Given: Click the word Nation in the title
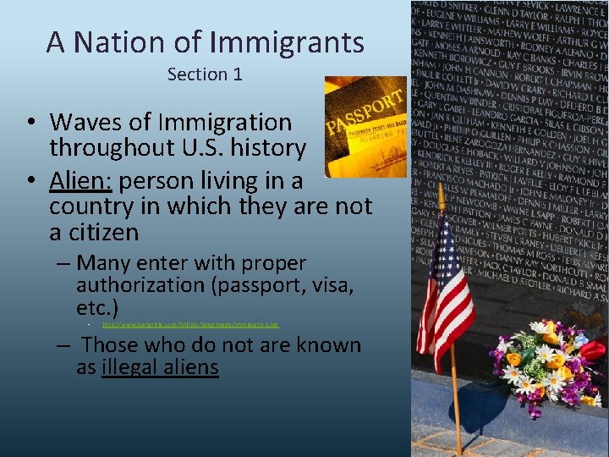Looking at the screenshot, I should click(x=114, y=41).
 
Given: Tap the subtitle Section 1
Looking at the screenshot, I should click(x=205, y=74).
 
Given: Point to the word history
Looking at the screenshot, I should click(x=266, y=148).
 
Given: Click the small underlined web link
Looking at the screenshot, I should click(x=190, y=324).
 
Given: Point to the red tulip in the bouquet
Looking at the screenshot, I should click(x=593, y=350).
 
